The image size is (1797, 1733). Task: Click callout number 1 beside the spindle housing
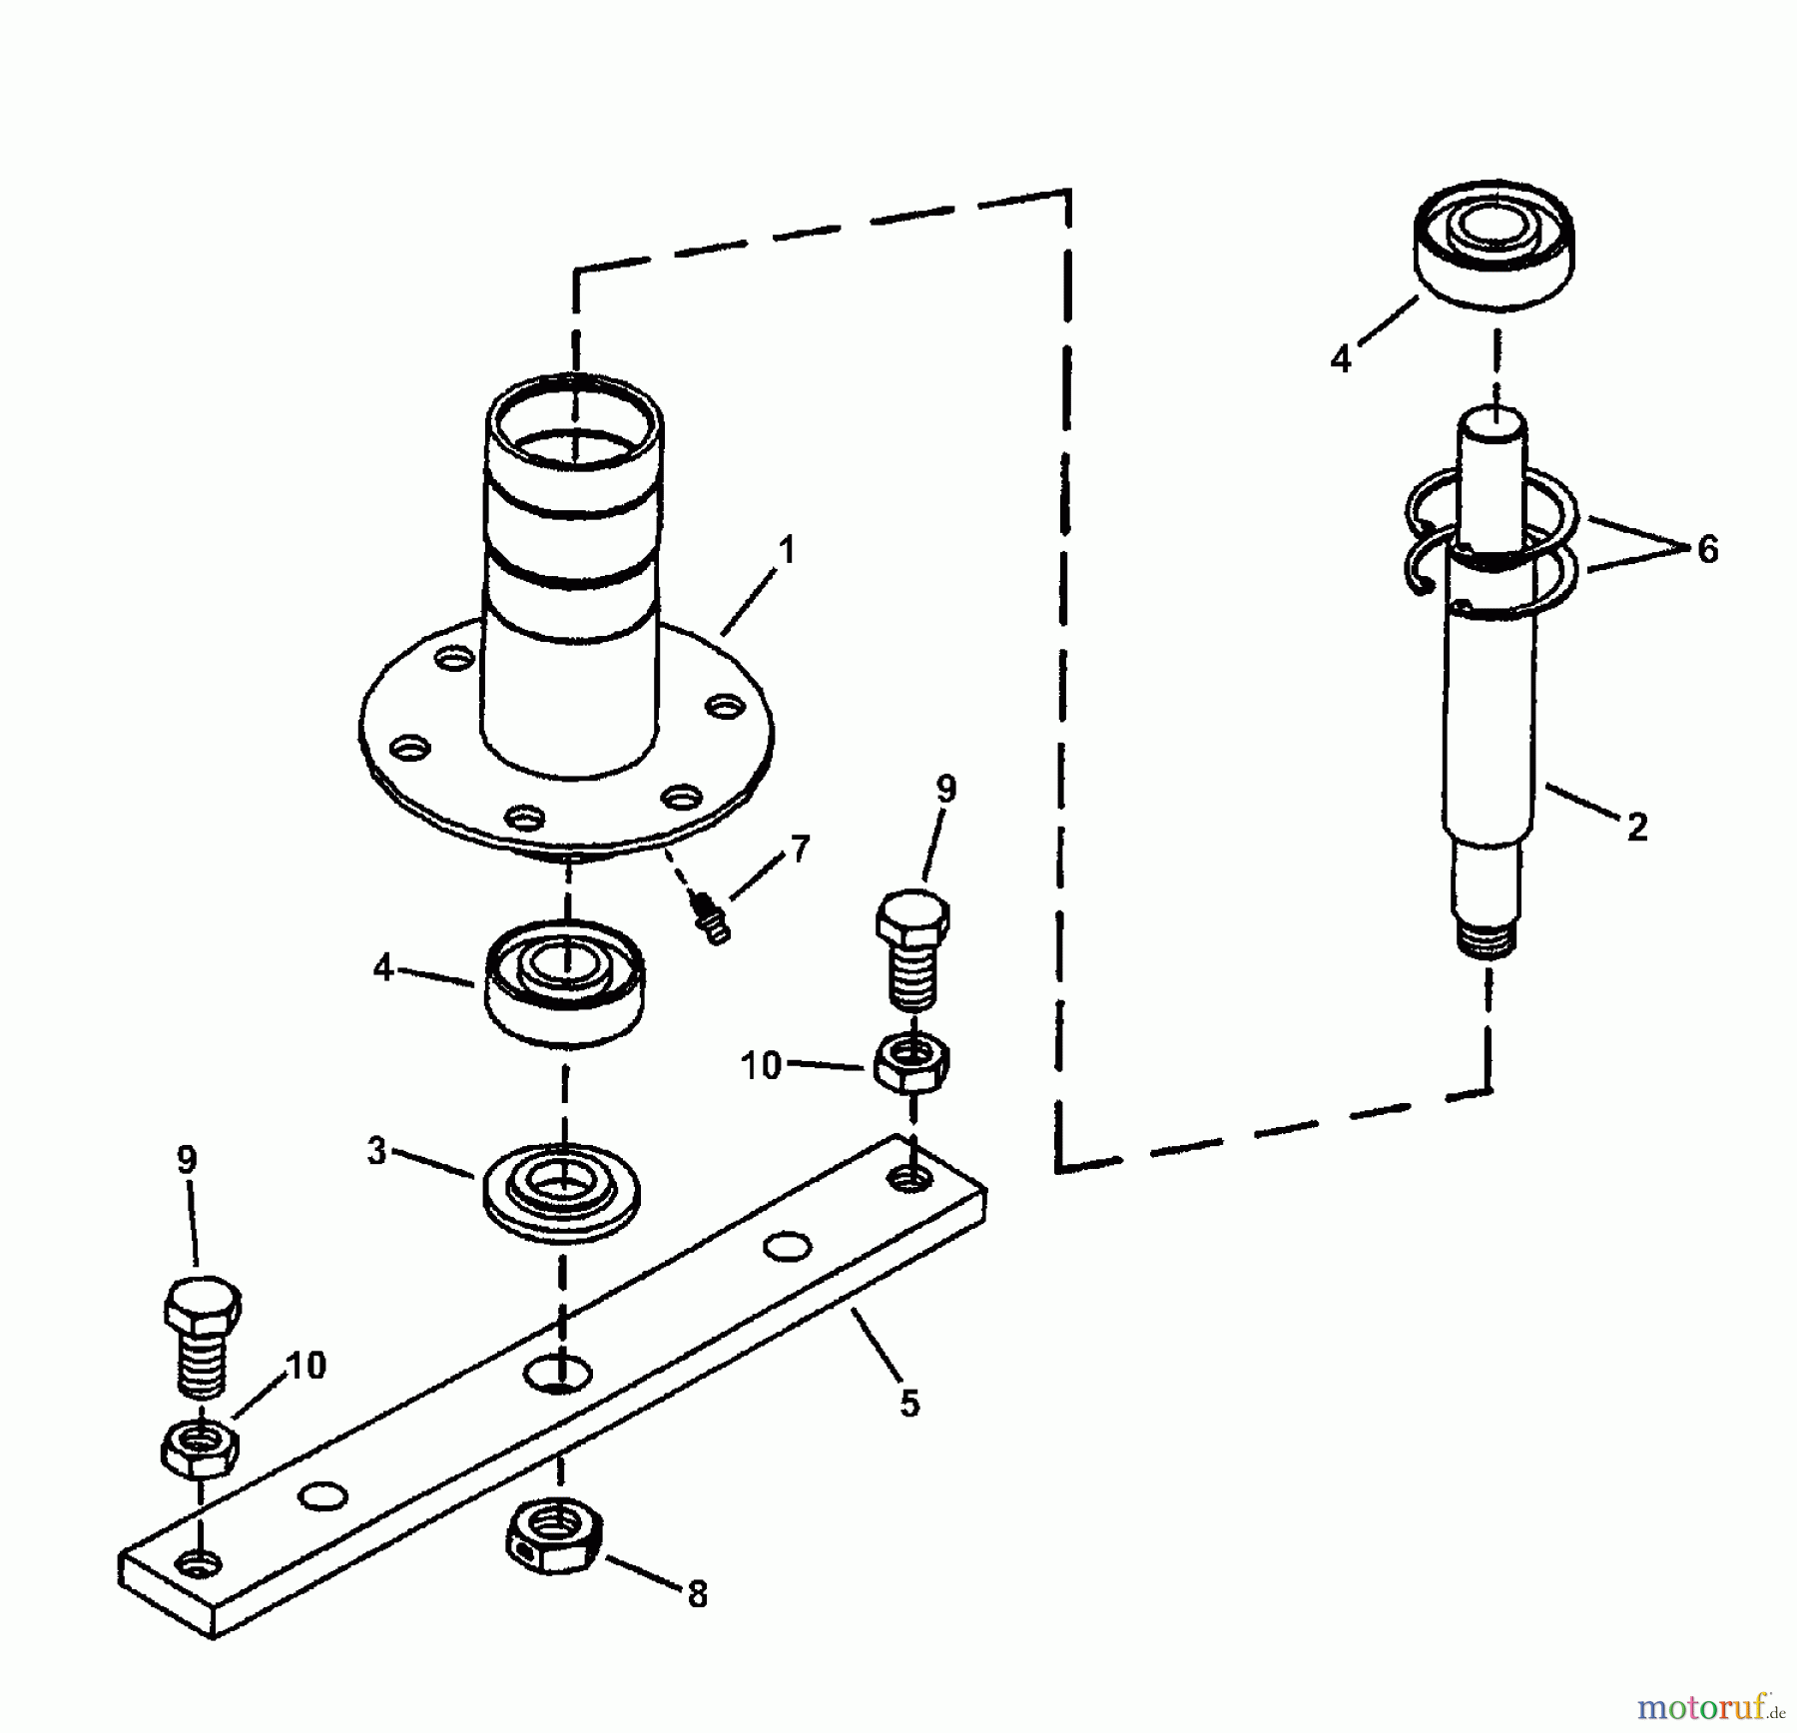pos(788,550)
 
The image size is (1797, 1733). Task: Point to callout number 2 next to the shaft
pos(1636,827)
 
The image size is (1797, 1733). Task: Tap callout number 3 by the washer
pos(376,1151)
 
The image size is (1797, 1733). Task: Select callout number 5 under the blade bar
pos(908,1403)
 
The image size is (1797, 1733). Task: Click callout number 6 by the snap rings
pos(1708,549)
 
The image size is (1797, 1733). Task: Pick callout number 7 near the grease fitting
pos(800,849)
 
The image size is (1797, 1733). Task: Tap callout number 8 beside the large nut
pos(697,1594)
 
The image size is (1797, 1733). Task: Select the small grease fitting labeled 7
pos(711,919)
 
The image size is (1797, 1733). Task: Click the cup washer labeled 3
pos(561,1192)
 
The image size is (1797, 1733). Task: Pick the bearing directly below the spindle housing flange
pos(564,983)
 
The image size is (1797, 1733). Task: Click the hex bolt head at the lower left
pos(202,1306)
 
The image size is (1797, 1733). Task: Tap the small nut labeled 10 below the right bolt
pos(911,1063)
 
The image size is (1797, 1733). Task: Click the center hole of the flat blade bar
pos(556,1375)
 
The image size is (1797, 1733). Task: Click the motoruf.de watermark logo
pos(1709,1708)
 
